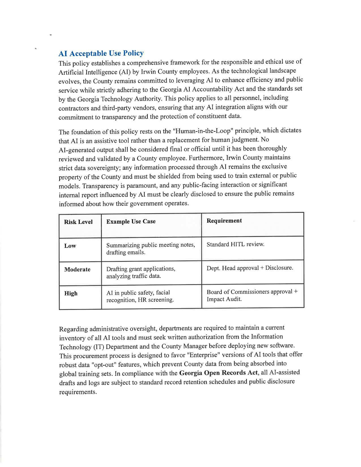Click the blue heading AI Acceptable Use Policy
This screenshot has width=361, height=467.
click(101, 53)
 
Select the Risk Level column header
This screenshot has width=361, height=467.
click(78, 222)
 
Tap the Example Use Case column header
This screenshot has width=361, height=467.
click(131, 221)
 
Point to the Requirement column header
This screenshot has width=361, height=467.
click(224, 221)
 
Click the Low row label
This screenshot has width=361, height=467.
click(70, 246)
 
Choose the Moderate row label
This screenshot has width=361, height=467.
click(77, 269)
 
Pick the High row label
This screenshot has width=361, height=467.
click(71, 293)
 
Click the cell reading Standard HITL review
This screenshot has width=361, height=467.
click(235, 244)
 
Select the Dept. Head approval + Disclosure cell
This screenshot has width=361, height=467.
click(250, 268)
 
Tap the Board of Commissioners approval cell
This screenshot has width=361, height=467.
click(252, 295)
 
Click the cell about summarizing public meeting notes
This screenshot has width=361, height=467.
click(151, 249)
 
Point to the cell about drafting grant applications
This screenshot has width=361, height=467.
click(141, 272)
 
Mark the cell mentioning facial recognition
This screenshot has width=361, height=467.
click(140, 296)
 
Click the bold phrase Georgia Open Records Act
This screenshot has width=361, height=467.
click(218, 373)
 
